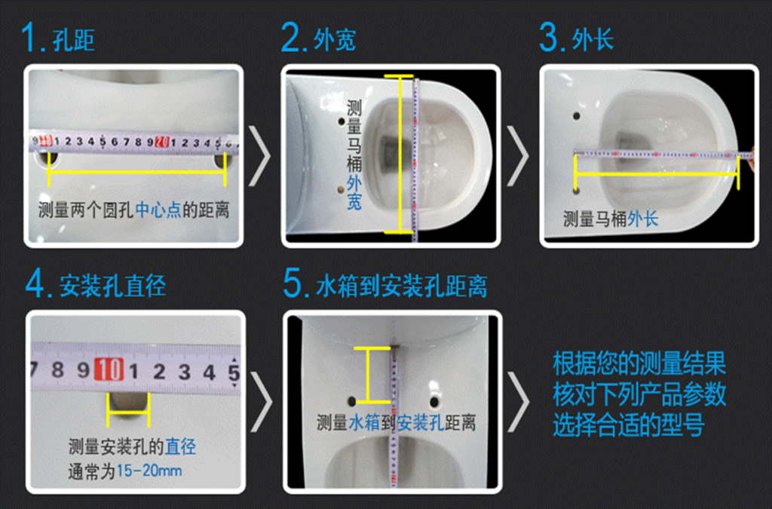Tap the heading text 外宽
[335, 40]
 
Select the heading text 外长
[593, 40]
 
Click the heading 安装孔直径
[112, 287]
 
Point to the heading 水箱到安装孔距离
[402, 287]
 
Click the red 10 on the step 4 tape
[109, 369]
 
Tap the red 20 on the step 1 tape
[161, 143]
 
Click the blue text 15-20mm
[149, 471]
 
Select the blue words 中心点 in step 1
[158, 210]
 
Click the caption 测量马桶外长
[611, 219]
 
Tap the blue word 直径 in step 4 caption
[180, 447]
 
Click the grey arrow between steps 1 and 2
[259, 156]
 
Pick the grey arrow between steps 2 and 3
[517, 156]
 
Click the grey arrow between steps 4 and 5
[262, 402]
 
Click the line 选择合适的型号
[628, 425]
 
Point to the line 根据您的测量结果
[639, 363]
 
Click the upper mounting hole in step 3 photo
[576, 117]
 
